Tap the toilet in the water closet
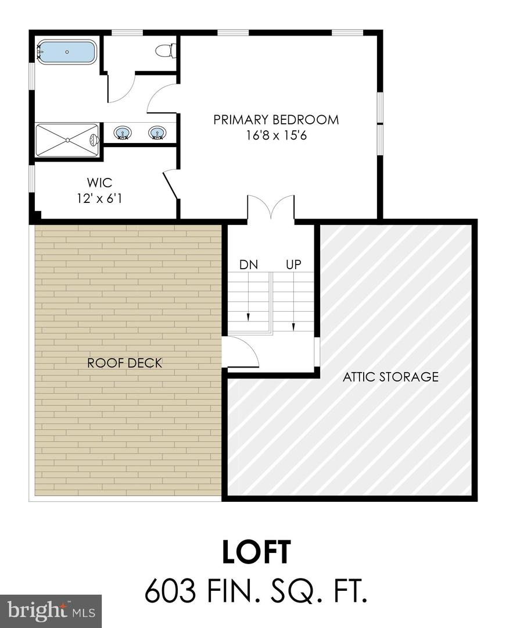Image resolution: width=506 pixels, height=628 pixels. click(x=166, y=51)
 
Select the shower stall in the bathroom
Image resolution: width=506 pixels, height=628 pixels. click(x=67, y=140)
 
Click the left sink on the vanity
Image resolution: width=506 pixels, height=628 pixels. click(x=122, y=133)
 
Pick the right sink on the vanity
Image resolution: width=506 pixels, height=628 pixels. click(x=156, y=133)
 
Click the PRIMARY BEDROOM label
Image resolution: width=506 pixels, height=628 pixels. click(x=276, y=120)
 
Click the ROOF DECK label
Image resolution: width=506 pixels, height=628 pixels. click(x=124, y=363)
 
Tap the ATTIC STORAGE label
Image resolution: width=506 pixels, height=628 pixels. click(x=390, y=377)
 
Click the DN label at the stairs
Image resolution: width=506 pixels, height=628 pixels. click(x=248, y=265)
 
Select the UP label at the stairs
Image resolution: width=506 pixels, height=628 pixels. click(x=293, y=265)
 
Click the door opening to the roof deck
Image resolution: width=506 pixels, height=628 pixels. click(x=239, y=352)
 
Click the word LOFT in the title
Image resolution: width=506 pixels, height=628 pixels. click(x=256, y=552)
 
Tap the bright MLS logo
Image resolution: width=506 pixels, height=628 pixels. click(x=51, y=611)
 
